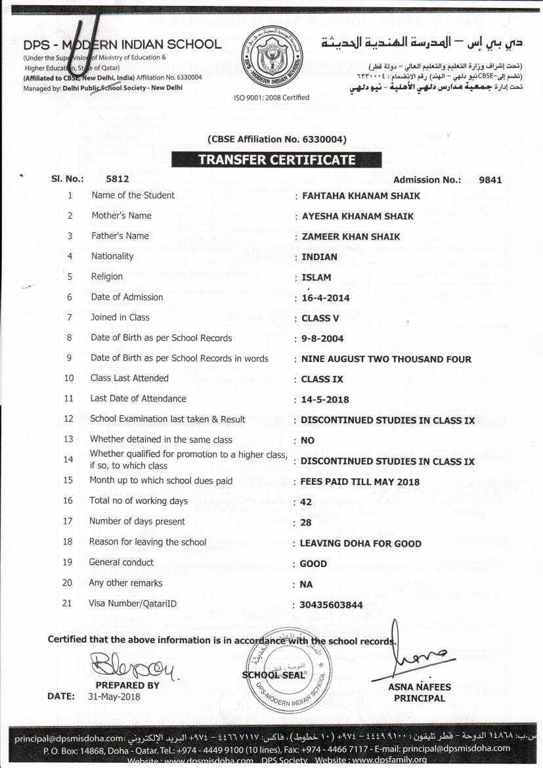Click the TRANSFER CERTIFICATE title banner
[x=276, y=160]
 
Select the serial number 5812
[x=118, y=179]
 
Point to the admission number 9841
[x=490, y=179]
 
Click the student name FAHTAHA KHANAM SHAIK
[x=360, y=196]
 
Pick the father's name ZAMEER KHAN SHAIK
[x=351, y=237]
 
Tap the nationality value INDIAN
[x=319, y=257]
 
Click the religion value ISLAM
[x=316, y=277]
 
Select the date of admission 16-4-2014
[x=326, y=298]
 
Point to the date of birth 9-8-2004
[x=322, y=339]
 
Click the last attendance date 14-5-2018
[x=325, y=399]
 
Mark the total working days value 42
[x=306, y=502]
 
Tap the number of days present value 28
[x=306, y=522]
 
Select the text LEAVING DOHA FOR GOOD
[x=360, y=543]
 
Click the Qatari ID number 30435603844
[x=331, y=605]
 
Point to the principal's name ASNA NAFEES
[x=420, y=687]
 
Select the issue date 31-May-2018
[x=114, y=696]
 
